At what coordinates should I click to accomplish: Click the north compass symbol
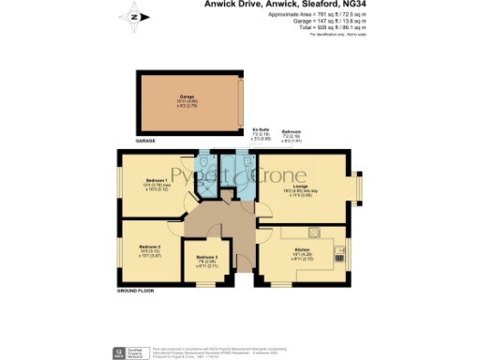134,16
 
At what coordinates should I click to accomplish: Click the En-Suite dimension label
261,134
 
